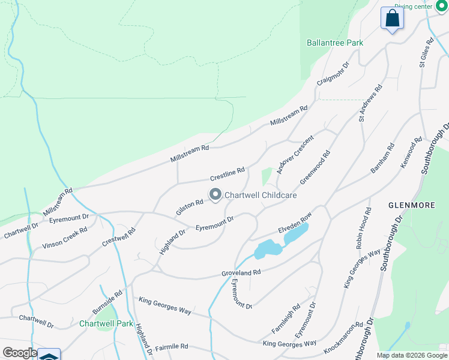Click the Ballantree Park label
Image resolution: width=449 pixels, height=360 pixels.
tap(336, 43)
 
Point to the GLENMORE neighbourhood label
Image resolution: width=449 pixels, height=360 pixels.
tap(412, 205)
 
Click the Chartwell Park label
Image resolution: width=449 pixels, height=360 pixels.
tap(106, 323)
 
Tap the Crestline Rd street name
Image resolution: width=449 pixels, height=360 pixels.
tap(227, 175)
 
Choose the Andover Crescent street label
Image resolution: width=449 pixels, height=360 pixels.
tap(294, 155)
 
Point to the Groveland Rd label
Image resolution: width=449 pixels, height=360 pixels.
tap(240, 272)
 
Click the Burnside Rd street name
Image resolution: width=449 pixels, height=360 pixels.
tap(107, 303)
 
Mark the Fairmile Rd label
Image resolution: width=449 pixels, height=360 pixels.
tap(172, 347)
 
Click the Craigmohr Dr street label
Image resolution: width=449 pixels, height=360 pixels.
tap(333, 74)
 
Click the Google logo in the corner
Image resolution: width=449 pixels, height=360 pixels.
tap(19, 353)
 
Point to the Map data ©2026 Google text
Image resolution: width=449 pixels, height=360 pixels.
tap(412, 355)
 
